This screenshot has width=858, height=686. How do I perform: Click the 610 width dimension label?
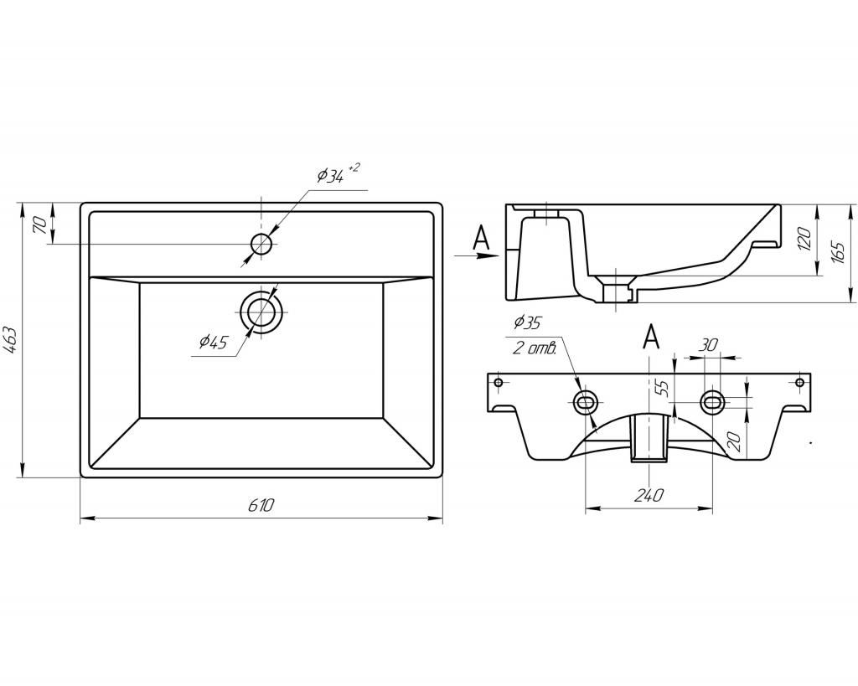[x=261, y=505]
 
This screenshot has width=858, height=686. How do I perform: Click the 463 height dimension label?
[x=13, y=341]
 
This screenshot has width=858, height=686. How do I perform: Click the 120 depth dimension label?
[x=804, y=239]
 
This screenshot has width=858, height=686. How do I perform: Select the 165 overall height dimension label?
[x=838, y=251]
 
